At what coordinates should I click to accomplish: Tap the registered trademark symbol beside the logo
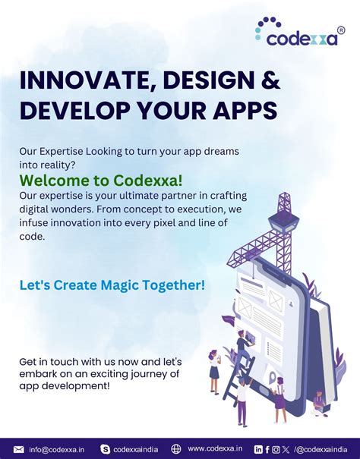(340, 30)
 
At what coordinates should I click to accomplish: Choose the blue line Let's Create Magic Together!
(112, 285)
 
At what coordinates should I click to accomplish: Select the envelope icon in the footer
(19, 449)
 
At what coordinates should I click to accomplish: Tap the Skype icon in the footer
(105, 449)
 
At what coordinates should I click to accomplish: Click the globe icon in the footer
(176, 449)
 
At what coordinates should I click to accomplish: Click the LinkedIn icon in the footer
(258, 449)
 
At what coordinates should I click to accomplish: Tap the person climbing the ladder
(244, 349)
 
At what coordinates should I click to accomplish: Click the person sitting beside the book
(319, 402)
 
